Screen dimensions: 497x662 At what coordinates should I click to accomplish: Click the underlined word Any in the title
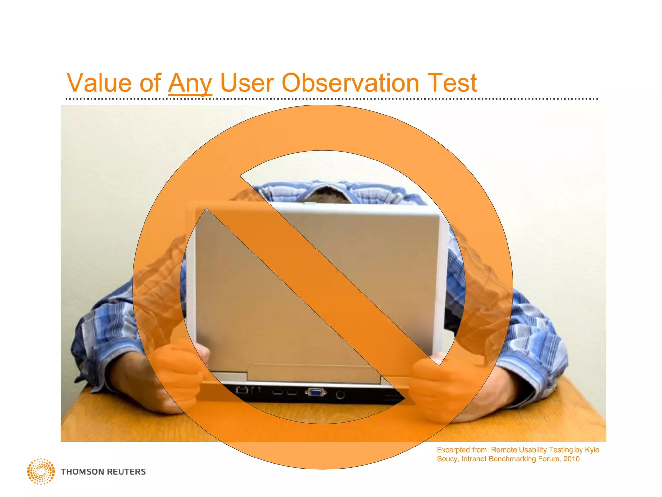(x=190, y=83)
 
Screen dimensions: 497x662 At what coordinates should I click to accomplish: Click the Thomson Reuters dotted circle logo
(x=41, y=471)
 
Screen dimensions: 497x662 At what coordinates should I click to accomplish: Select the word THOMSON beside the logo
(x=82, y=472)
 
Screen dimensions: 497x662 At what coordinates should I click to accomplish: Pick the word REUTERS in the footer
(x=126, y=472)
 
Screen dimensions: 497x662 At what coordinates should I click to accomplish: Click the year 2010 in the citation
(x=571, y=459)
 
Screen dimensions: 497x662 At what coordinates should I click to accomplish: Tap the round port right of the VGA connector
(x=340, y=395)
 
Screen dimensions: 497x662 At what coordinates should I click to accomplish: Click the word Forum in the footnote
(x=549, y=459)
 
